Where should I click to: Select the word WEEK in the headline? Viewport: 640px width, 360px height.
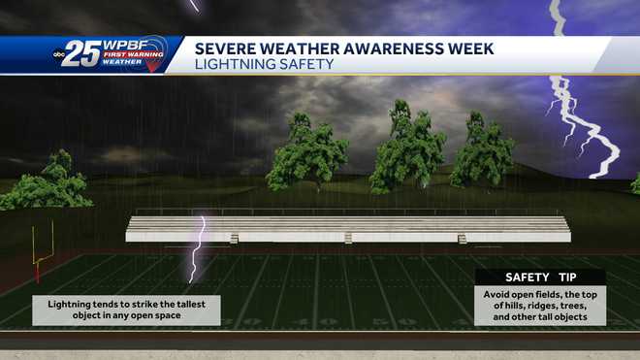(466, 48)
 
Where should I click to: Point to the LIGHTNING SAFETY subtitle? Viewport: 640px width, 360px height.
(264, 65)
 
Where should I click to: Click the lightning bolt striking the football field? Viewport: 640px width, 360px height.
(199, 247)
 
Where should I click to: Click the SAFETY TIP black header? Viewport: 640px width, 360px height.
(540, 278)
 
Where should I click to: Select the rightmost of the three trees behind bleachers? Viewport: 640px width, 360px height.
(481, 150)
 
